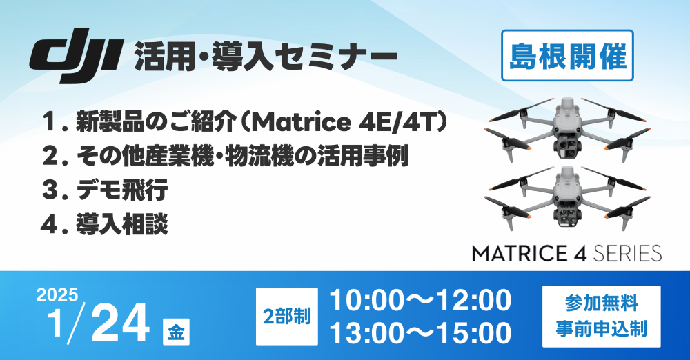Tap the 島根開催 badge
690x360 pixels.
567,55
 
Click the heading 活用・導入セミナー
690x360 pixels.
266,56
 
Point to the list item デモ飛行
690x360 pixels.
122,190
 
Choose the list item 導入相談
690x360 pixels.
122,224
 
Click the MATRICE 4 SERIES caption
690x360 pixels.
566,254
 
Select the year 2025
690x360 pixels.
57,294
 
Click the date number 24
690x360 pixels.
120,324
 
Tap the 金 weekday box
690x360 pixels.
177,332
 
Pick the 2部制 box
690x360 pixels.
287,317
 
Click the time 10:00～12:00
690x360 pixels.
420,300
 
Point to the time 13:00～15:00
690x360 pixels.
420,332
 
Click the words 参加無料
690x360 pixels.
602,303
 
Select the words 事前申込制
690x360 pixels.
602,329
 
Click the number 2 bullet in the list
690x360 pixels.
51,157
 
